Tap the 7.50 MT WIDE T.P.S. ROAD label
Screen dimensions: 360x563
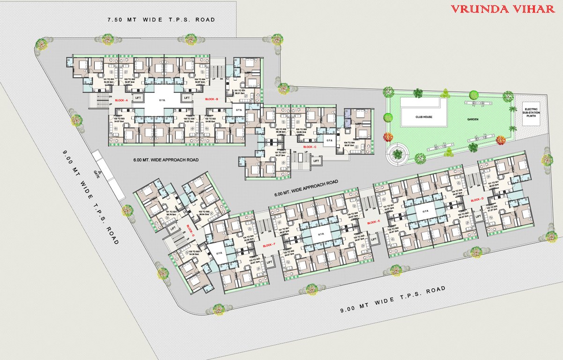161,20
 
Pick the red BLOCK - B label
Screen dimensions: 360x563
212,99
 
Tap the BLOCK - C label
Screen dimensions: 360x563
310,147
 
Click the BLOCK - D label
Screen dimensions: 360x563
477,200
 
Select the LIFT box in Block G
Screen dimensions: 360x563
173,228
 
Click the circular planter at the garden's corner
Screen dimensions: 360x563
398,152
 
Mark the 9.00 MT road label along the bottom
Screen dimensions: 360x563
393,298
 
